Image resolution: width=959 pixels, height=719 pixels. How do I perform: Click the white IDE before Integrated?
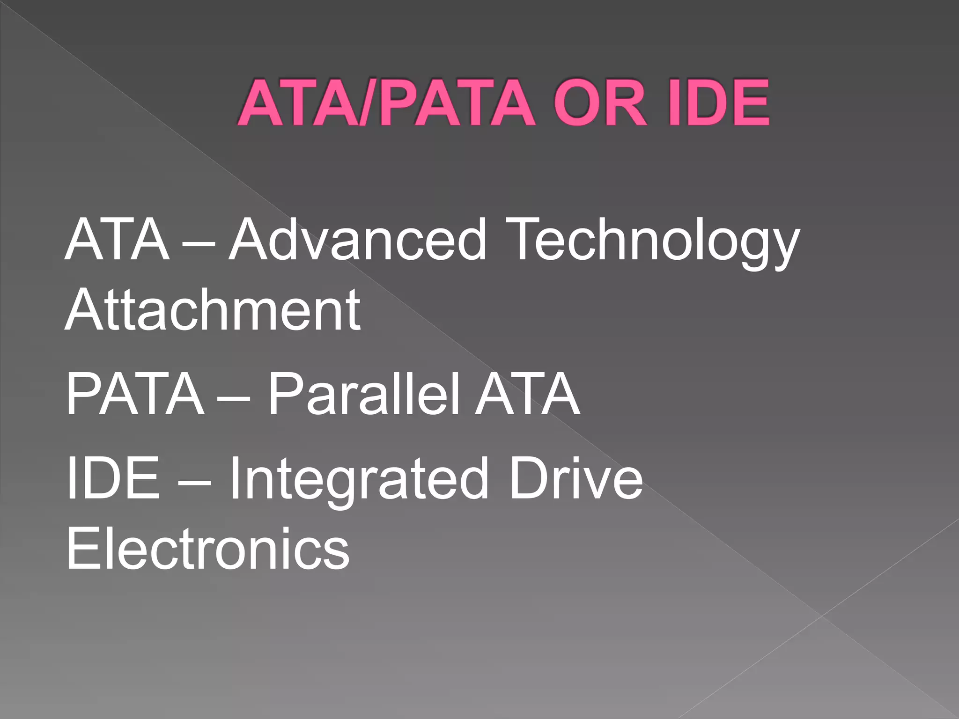tap(113, 478)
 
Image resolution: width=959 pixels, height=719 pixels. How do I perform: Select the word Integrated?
tap(358, 478)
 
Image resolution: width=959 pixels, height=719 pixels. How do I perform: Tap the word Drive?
tap(576, 478)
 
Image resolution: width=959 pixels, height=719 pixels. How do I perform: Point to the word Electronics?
tap(208, 548)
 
